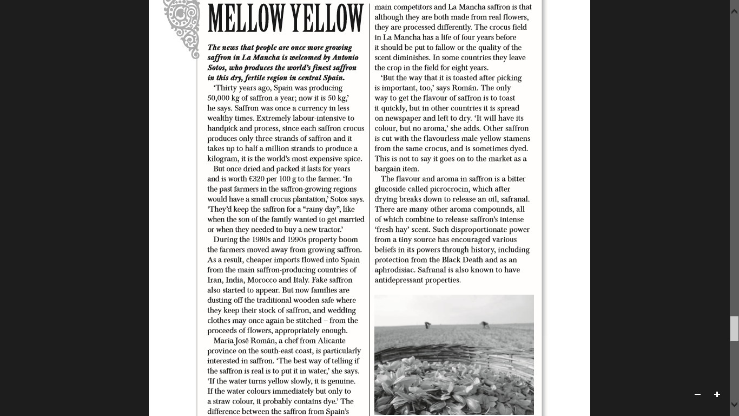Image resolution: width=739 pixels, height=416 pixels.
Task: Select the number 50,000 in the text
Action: pos(219,98)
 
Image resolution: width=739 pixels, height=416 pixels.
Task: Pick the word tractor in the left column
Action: pos(328,230)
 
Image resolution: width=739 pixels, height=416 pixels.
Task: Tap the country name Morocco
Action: pos(262,280)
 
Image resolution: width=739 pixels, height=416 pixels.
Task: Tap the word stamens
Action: pos(515,139)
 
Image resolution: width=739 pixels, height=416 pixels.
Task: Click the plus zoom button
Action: pos(717,394)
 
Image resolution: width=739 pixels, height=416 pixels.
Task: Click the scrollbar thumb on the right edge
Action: pos(734,329)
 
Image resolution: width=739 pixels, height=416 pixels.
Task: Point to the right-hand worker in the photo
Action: pos(484,325)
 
